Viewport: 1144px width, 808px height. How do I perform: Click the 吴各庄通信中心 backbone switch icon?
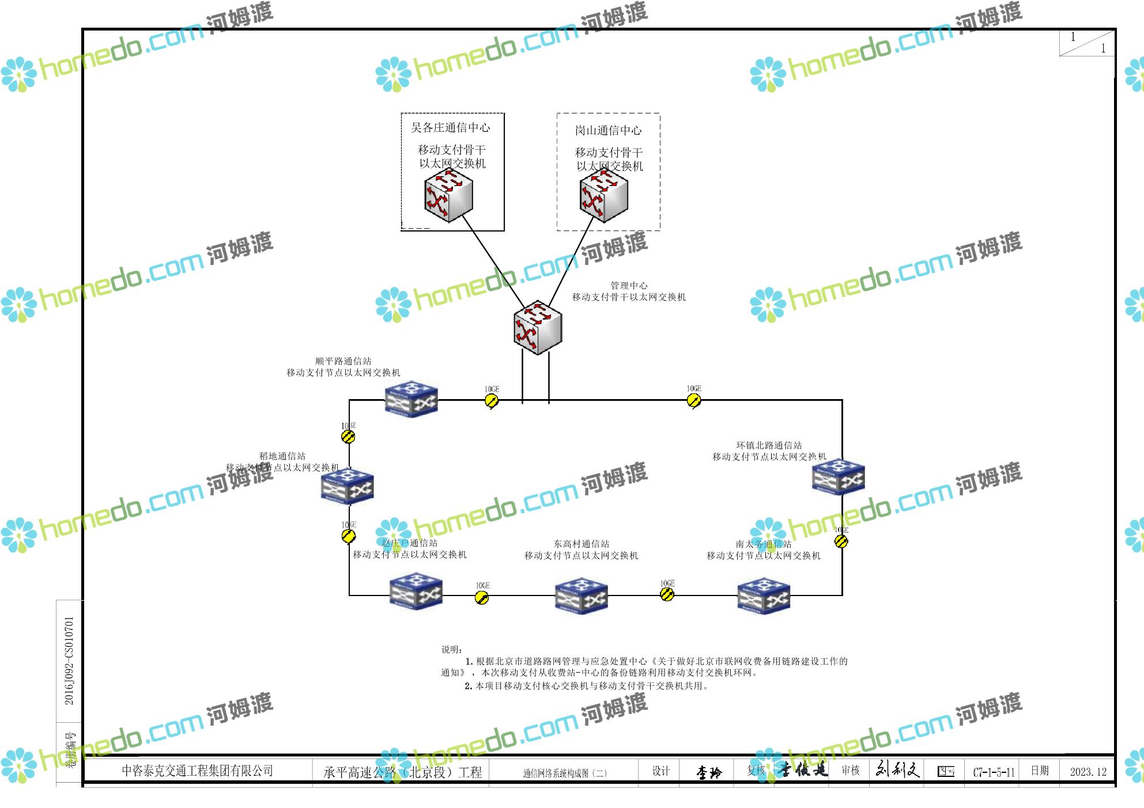448,197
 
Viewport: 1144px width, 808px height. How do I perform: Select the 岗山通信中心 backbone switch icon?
603,197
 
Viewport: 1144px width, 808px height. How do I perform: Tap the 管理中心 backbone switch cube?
537,327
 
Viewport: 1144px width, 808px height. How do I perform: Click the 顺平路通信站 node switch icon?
411,399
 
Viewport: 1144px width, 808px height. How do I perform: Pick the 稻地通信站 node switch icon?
347,486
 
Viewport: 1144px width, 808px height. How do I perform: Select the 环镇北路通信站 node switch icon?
838,477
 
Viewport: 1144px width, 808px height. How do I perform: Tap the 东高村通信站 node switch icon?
581,595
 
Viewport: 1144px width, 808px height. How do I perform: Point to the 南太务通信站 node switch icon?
764,595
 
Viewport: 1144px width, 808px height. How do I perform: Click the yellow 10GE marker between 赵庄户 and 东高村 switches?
482,598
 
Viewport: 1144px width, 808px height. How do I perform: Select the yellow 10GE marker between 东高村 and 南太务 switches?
667,595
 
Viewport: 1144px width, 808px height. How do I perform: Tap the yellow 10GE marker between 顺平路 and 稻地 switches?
348,437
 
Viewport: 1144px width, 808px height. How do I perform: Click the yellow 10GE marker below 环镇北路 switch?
841,541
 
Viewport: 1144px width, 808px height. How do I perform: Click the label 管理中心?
629,286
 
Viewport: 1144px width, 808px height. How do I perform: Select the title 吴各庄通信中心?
450,128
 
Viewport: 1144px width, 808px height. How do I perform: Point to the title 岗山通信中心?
608,131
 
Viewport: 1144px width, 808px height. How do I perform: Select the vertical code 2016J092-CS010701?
69,661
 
